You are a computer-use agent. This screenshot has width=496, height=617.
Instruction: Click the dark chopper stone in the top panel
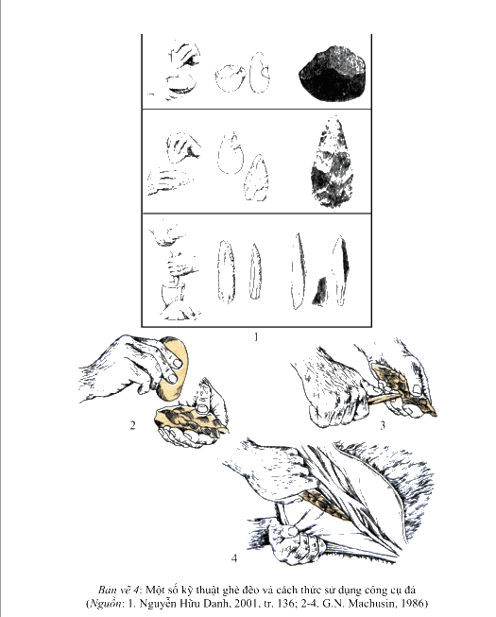333,74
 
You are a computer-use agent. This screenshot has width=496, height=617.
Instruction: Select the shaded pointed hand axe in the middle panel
332,163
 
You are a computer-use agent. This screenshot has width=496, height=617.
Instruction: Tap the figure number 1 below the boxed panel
256,337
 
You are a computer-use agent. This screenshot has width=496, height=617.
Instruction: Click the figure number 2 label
132,425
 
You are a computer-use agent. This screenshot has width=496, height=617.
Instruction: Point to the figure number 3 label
383,425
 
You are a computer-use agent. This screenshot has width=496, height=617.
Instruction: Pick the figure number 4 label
234,558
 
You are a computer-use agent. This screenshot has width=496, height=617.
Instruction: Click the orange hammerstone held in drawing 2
173,368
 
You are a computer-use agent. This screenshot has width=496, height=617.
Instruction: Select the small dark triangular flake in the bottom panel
320,291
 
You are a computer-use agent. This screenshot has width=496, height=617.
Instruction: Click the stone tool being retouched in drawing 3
404,389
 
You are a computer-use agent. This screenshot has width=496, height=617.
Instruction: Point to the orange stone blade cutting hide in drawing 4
324,504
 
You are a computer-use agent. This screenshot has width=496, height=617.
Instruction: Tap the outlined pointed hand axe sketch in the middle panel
256,178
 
